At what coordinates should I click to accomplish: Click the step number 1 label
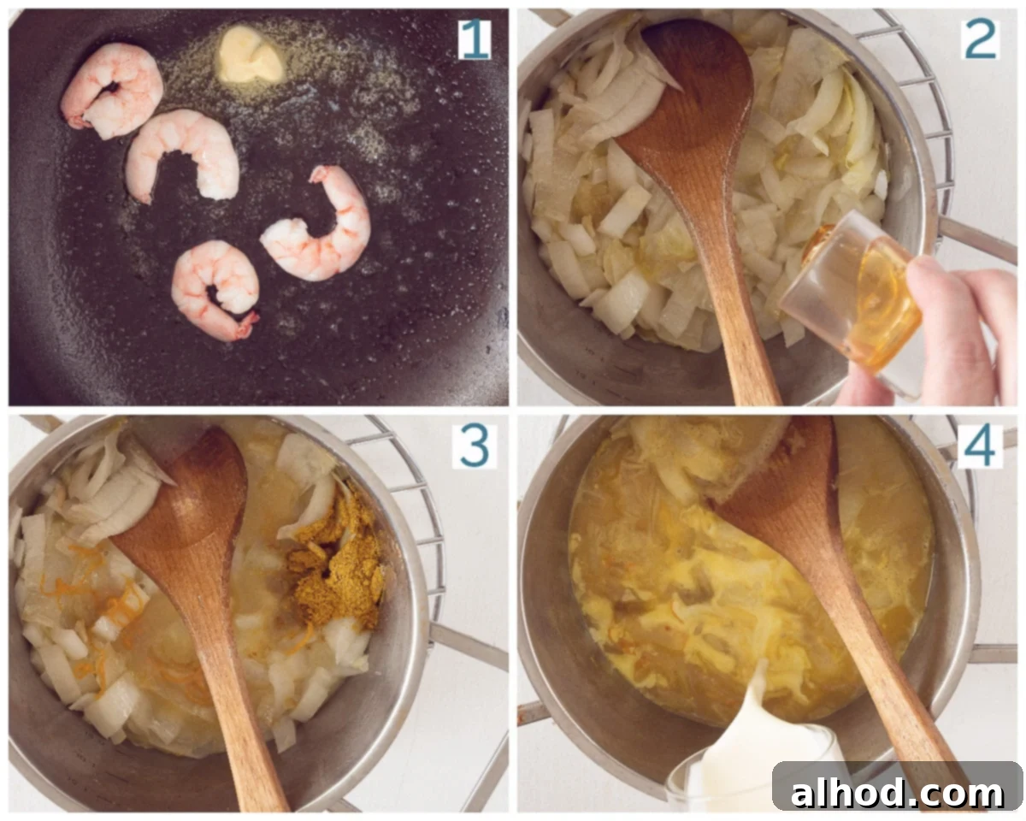point(475,39)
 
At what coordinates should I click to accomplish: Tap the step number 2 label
point(981,39)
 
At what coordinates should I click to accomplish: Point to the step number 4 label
point(980,446)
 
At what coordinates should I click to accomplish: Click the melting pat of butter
point(251,55)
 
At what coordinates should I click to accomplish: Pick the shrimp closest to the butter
point(112,91)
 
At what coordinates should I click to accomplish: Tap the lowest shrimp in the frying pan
point(215,290)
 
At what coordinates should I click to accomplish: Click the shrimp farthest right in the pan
point(317,224)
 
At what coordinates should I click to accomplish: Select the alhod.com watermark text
point(897,793)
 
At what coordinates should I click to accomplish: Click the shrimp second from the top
point(184,155)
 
